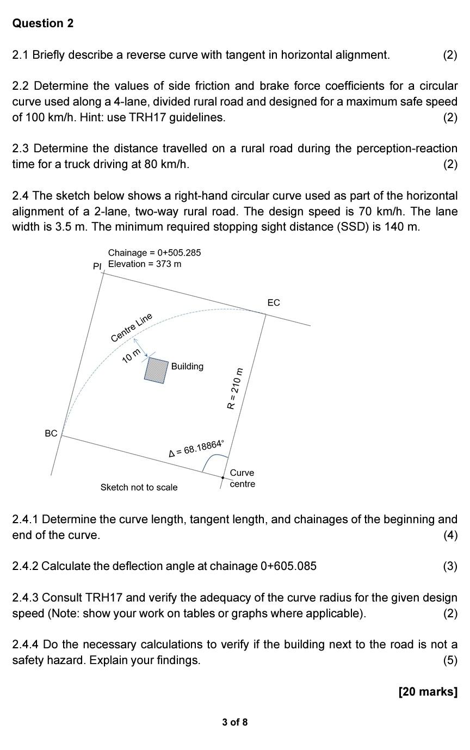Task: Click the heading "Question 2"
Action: [x=43, y=23]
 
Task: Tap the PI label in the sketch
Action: [x=97, y=266]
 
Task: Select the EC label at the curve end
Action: [x=274, y=302]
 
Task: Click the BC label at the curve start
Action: [x=51, y=433]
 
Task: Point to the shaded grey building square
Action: [x=157, y=370]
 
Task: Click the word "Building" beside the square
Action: [x=187, y=366]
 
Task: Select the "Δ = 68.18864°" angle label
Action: [x=196, y=449]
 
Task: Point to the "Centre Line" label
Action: [x=131, y=328]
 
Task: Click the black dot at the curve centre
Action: [x=223, y=478]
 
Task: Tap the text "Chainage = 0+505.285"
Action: [x=154, y=252]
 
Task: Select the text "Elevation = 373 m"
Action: [x=145, y=264]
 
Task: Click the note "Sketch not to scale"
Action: [x=139, y=487]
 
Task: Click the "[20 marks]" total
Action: [x=428, y=691]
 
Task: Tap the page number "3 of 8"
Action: [x=234, y=722]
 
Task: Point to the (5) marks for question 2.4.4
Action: [x=450, y=660]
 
